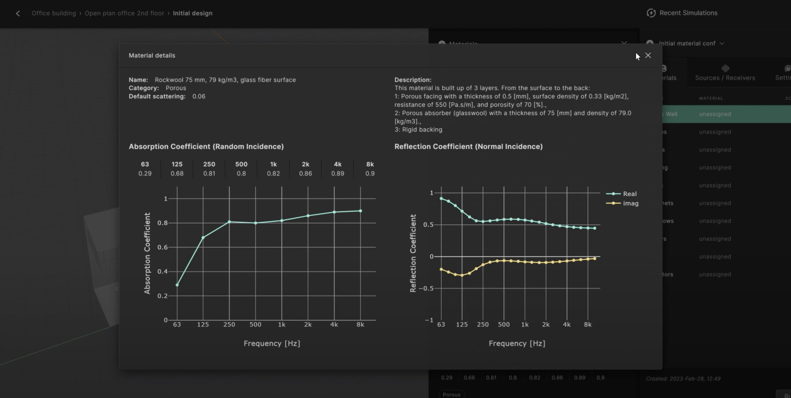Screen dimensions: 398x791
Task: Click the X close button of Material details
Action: [648, 55]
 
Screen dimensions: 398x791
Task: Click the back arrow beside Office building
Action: [18, 13]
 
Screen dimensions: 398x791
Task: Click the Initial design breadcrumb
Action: [192, 13]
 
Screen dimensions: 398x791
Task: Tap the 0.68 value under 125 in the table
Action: [177, 173]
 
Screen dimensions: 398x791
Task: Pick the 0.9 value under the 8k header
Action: [370, 173]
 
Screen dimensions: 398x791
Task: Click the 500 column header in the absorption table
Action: [241, 164]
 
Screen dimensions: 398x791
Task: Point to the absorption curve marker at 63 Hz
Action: [177, 285]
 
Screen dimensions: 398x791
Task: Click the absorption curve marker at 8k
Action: [360, 211]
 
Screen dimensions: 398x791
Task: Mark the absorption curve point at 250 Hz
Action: [229, 222]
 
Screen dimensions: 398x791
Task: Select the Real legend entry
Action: [629, 194]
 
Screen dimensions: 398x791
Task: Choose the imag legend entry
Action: [630, 203]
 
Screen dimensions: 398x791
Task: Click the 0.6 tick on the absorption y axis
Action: [163, 247]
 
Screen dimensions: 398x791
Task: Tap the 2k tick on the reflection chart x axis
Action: [546, 324]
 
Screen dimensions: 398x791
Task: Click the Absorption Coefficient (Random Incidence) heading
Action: [206, 146]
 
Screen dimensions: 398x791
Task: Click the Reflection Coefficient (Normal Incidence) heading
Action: [468, 146]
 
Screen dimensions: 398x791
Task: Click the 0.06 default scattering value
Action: [199, 96]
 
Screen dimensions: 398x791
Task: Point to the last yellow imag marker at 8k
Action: [595, 259]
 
